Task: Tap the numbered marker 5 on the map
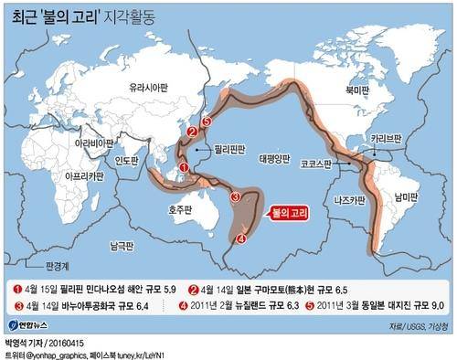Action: tap(206, 122)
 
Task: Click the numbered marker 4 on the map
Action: tap(241, 239)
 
